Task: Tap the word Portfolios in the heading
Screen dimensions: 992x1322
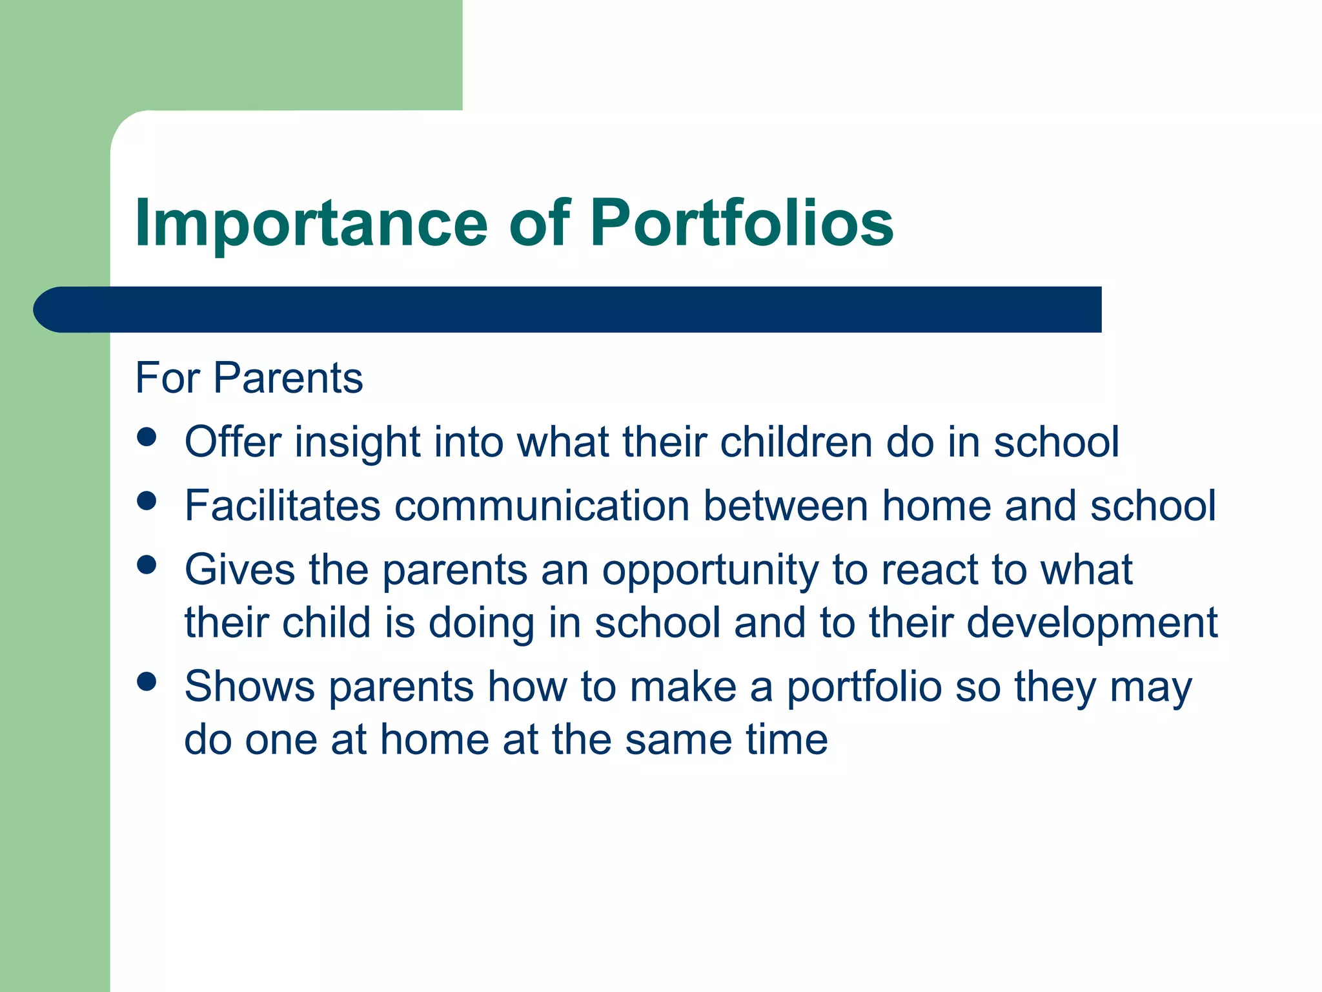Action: pos(742,223)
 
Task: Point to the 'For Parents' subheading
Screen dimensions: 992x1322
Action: pos(249,378)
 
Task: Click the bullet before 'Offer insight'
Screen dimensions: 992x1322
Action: pos(147,437)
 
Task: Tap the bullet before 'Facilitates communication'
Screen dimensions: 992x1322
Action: pos(147,501)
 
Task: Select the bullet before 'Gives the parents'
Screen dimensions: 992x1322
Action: pos(147,565)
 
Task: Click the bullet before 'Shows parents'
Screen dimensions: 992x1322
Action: pos(147,681)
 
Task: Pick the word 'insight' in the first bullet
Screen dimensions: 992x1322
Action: pos(358,442)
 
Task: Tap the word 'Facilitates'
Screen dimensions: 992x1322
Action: pos(282,506)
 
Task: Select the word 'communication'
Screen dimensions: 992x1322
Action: pos(542,506)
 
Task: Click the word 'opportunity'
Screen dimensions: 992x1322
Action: pos(710,572)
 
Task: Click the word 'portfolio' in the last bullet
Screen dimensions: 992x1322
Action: pos(864,688)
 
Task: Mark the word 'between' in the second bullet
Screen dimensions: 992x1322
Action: pos(786,506)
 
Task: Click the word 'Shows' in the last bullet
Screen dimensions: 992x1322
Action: pos(250,687)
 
